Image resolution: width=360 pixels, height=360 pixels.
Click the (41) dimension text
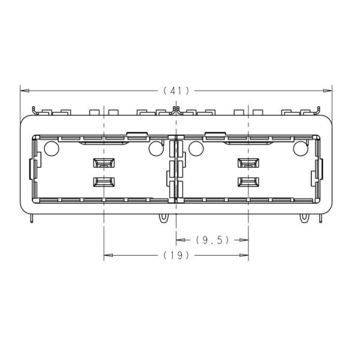(x=176, y=91)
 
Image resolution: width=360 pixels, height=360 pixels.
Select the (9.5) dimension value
(x=212, y=240)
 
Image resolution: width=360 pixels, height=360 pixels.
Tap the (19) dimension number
(x=176, y=255)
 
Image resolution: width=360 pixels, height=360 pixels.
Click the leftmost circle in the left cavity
(x=51, y=148)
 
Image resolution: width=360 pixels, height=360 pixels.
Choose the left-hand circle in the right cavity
(x=196, y=148)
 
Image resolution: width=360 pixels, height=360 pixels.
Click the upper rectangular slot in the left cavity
(x=104, y=163)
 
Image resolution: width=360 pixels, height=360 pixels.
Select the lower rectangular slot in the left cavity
(x=104, y=182)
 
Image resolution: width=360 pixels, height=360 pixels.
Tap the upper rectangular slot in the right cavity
(x=248, y=163)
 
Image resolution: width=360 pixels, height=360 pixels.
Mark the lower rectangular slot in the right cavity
(x=248, y=182)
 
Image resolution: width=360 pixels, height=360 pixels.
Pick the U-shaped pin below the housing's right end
(x=308, y=218)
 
